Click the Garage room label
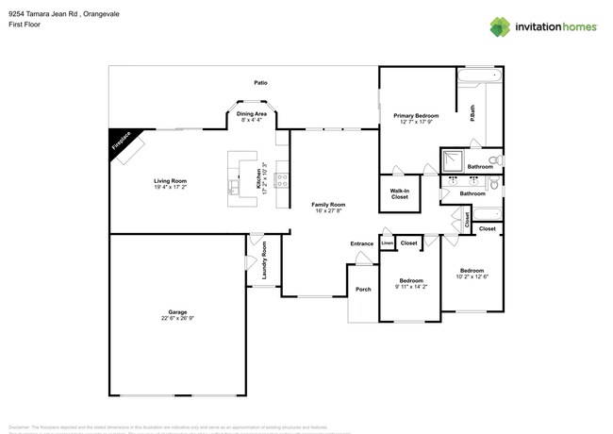[x=177, y=312]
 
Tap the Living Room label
[x=171, y=180]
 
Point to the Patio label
[x=260, y=83]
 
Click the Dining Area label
[x=252, y=113]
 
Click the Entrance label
[x=362, y=243]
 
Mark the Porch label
[x=362, y=289]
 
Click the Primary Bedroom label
[x=416, y=115]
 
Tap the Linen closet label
[x=387, y=243]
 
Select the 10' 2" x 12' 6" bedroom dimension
[x=472, y=276]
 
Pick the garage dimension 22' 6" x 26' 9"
[x=177, y=318]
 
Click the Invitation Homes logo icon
[x=501, y=26]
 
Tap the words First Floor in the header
[x=25, y=24]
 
